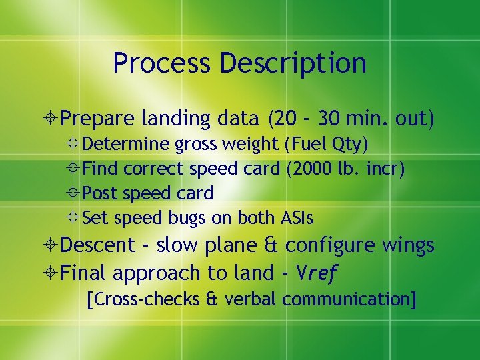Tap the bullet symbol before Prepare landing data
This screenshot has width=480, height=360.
[x=51, y=119]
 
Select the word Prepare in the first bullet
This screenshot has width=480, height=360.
[x=98, y=119]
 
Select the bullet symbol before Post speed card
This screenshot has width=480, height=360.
[x=75, y=193]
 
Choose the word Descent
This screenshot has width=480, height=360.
[x=97, y=245]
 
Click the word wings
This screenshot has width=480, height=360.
[x=408, y=245]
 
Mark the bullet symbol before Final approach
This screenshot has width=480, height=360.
[x=51, y=273]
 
